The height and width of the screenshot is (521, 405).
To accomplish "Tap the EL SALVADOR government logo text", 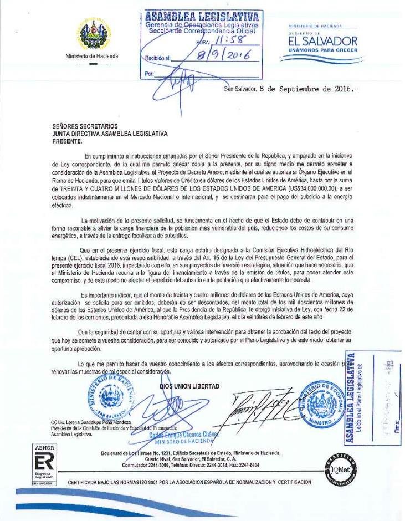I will tap(321, 42).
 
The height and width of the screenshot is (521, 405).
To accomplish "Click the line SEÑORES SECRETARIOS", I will tap(85, 127).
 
